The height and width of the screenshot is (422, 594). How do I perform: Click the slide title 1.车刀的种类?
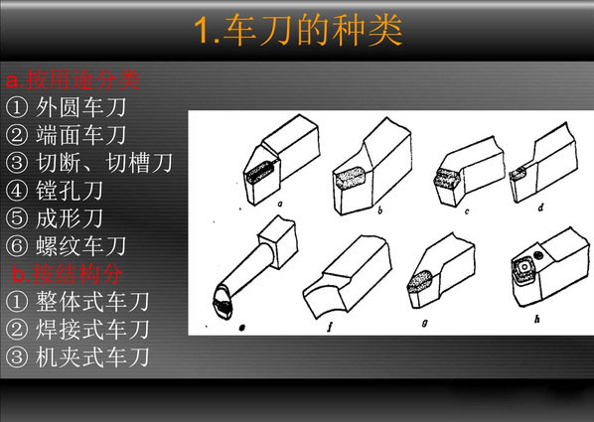pyautogui.click(x=298, y=31)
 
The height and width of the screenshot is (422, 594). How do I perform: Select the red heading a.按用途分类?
pyautogui.click(x=74, y=79)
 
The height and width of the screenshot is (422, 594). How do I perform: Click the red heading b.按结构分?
pyautogui.click(x=68, y=273)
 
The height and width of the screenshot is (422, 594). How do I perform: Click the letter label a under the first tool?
pyautogui.click(x=280, y=205)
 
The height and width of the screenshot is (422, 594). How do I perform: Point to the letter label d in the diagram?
pyautogui.click(x=541, y=207)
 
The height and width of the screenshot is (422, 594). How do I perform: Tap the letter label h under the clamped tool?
pyautogui.click(x=536, y=320)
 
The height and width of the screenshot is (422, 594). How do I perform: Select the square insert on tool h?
pyautogui.click(x=523, y=268)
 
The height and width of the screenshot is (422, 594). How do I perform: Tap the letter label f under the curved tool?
pyautogui.click(x=330, y=326)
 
